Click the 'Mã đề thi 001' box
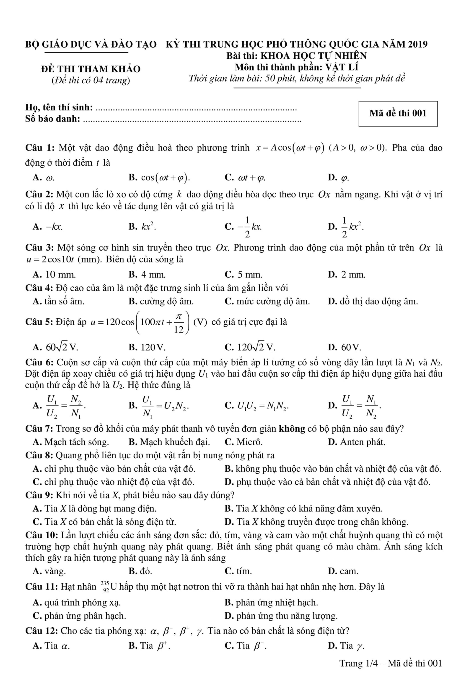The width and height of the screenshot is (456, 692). [x=398, y=114]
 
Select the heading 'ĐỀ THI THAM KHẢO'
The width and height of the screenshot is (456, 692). [x=91, y=69]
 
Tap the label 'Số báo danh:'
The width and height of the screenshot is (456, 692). [x=53, y=119]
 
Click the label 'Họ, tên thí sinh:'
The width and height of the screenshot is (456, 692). [x=59, y=108]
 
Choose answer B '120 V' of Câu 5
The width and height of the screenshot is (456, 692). [x=147, y=347]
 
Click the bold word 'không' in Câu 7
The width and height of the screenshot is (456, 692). [x=292, y=429]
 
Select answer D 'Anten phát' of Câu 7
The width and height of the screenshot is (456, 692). [x=357, y=442]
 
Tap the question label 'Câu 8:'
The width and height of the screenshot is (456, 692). [x=39, y=455]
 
